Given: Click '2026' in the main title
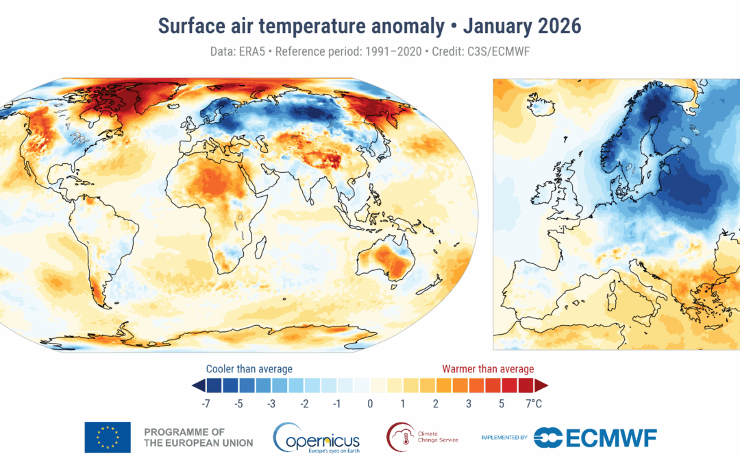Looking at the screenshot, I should [559, 26].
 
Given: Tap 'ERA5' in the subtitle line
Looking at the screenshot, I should [249, 52].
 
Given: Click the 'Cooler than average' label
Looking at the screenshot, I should [249, 369].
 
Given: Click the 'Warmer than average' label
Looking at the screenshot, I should [488, 369].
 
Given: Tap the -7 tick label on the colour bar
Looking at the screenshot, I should [206, 404].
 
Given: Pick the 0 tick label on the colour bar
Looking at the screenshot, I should [370, 404].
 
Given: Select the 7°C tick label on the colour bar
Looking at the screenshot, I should [534, 404].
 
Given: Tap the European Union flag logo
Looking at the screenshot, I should [108, 438].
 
